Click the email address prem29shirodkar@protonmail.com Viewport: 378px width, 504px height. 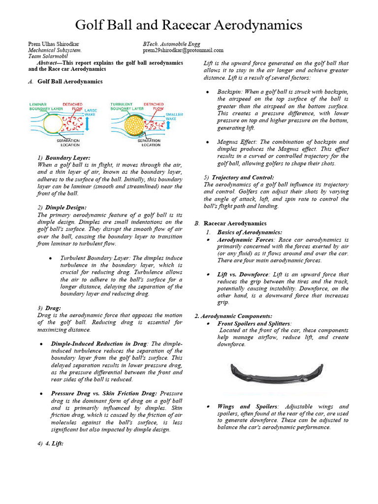click(183, 50)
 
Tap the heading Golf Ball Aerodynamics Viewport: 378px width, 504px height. click(70, 82)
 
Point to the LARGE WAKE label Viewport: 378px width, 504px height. click(91, 112)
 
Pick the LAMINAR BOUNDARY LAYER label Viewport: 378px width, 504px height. click(45, 106)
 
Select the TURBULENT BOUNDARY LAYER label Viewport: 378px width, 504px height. click(127, 106)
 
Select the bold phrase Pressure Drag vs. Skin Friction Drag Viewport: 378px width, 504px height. click(104, 394)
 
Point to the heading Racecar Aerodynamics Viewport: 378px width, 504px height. click(235, 223)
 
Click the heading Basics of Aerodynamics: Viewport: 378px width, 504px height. click(250, 232)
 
